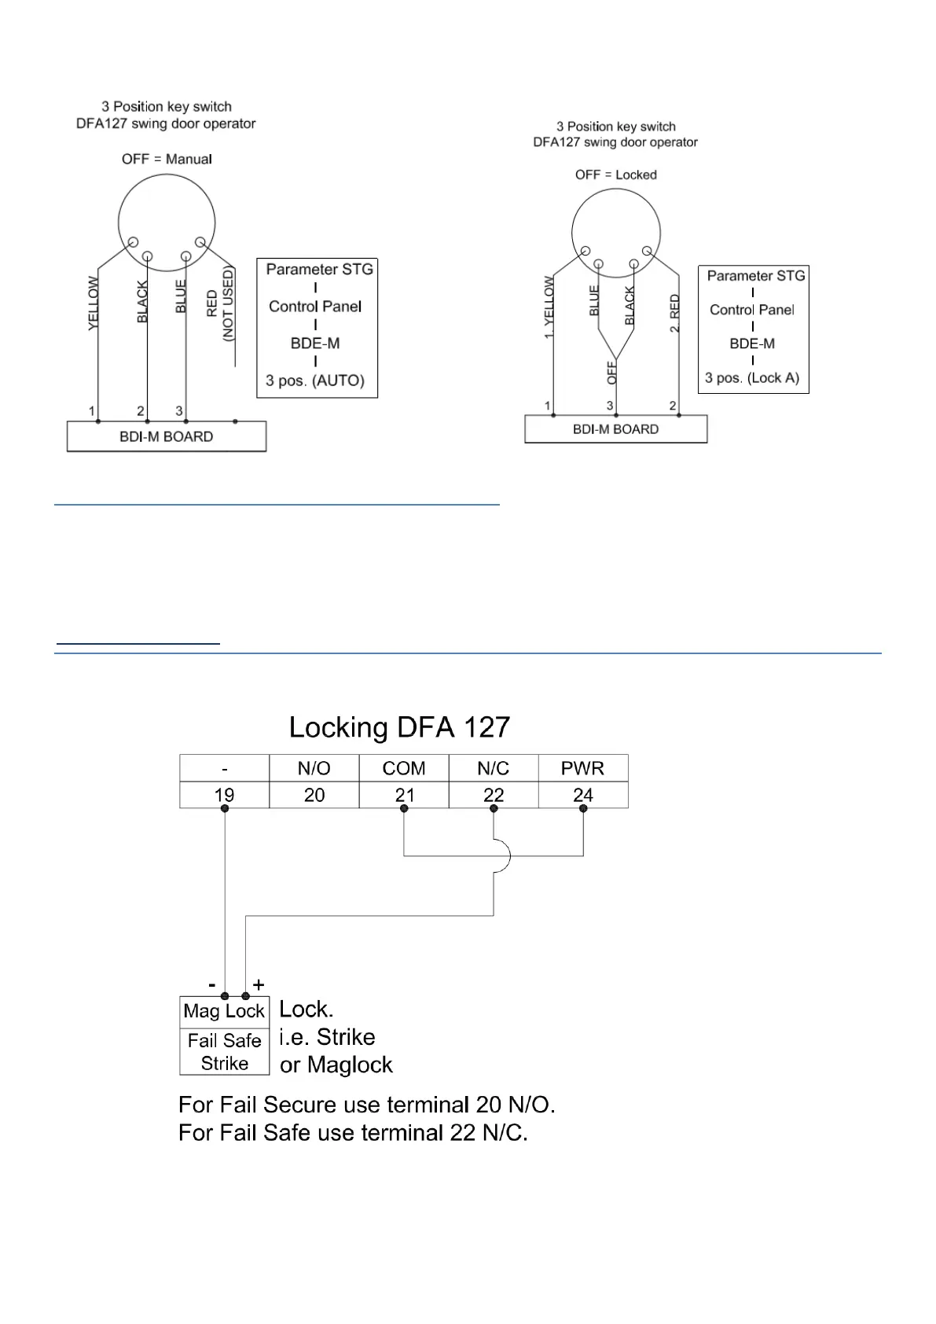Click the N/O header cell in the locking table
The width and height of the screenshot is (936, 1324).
(314, 768)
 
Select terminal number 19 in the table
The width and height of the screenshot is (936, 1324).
(224, 795)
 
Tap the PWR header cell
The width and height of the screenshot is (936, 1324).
(582, 768)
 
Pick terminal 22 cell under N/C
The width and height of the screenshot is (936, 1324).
(493, 795)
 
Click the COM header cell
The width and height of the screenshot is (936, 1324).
(403, 768)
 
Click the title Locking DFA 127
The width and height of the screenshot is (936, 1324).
(399, 727)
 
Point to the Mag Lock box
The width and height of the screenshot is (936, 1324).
(224, 1011)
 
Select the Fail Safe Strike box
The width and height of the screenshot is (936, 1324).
(224, 1052)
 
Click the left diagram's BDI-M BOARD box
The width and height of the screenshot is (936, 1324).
(166, 436)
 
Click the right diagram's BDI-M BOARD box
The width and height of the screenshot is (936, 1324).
(615, 429)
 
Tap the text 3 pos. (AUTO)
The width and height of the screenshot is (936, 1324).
(315, 381)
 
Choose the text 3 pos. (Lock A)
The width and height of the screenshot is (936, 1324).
(752, 377)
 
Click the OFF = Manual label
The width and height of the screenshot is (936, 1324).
(167, 159)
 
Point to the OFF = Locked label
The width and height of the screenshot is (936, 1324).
(615, 175)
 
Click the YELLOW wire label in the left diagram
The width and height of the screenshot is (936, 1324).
(94, 303)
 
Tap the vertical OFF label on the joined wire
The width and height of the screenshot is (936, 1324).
(612, 372)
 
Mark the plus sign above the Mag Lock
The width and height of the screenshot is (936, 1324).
(259, 984)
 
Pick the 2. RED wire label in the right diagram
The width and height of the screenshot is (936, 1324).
(674, 313)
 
